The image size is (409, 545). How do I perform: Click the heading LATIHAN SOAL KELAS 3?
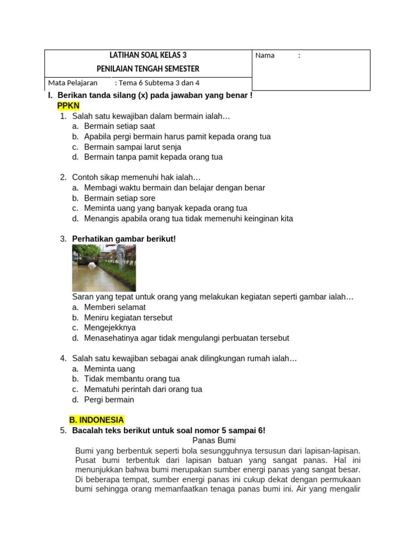click(x=148, y=55)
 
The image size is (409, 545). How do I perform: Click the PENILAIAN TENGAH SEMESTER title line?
click(x=148, y=69)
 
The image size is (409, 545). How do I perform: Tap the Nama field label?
click(x=265, y=55)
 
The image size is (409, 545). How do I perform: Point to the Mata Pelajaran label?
click(x=72, y=83)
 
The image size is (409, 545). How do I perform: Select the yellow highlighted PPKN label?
click(x=68, y=106)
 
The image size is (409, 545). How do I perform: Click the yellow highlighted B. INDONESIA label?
click(x=96, y=420)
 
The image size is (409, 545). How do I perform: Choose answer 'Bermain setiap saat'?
click(x=119, y=126)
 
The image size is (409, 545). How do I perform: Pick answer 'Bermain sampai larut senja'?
click(x=133, y=147)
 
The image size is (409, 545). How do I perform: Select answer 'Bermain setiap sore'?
click(x=120, y=198)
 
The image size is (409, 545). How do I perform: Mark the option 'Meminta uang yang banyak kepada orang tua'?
click(x=166, y=208)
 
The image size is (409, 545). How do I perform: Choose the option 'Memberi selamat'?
click(x=114, y=307)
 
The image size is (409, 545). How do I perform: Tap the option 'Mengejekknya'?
click(x=110, y=328)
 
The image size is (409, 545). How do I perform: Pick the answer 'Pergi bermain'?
click(x=109, y=400)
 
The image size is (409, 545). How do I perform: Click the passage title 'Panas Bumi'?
click(x=214, y=441)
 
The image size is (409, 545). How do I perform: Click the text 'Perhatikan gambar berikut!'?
click(x=124, y=239)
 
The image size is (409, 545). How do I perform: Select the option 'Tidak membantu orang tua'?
click(x=132, y=379)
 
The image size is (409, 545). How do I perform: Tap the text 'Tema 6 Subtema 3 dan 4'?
click(x=159, y=83)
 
